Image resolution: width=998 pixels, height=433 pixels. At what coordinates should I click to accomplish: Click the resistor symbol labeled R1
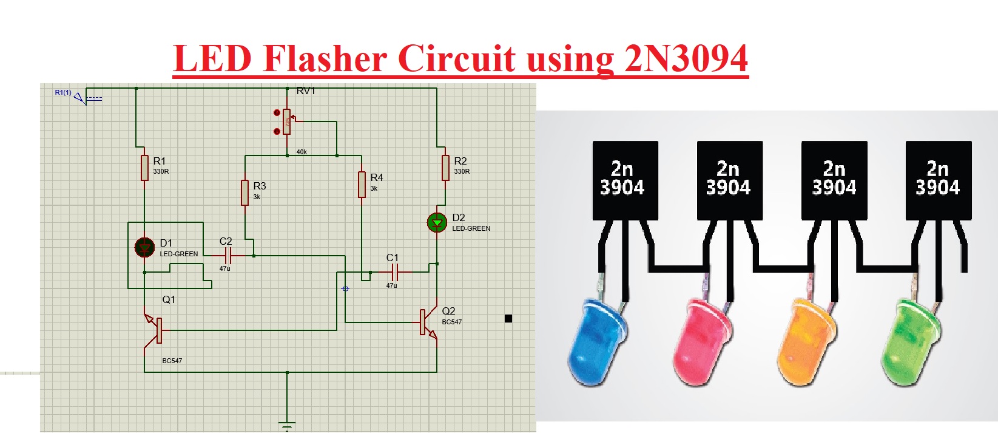point(144,168)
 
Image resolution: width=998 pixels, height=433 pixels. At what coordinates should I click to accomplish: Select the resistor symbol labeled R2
point(445,168)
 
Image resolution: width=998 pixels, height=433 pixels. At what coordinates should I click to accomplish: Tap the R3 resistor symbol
point(244,193)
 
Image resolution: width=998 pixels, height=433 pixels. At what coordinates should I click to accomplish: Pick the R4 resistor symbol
point(362,185)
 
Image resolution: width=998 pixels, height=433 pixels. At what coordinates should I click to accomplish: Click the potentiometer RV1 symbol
point(287,122)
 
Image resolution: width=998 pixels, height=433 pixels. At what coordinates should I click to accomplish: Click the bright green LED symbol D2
point(437,223)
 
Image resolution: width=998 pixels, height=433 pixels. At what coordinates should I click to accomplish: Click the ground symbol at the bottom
point(287,424)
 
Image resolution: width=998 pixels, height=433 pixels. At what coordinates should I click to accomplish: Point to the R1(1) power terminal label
point(63,93)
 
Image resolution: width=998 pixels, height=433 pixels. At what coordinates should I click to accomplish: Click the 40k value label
point(302,152)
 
